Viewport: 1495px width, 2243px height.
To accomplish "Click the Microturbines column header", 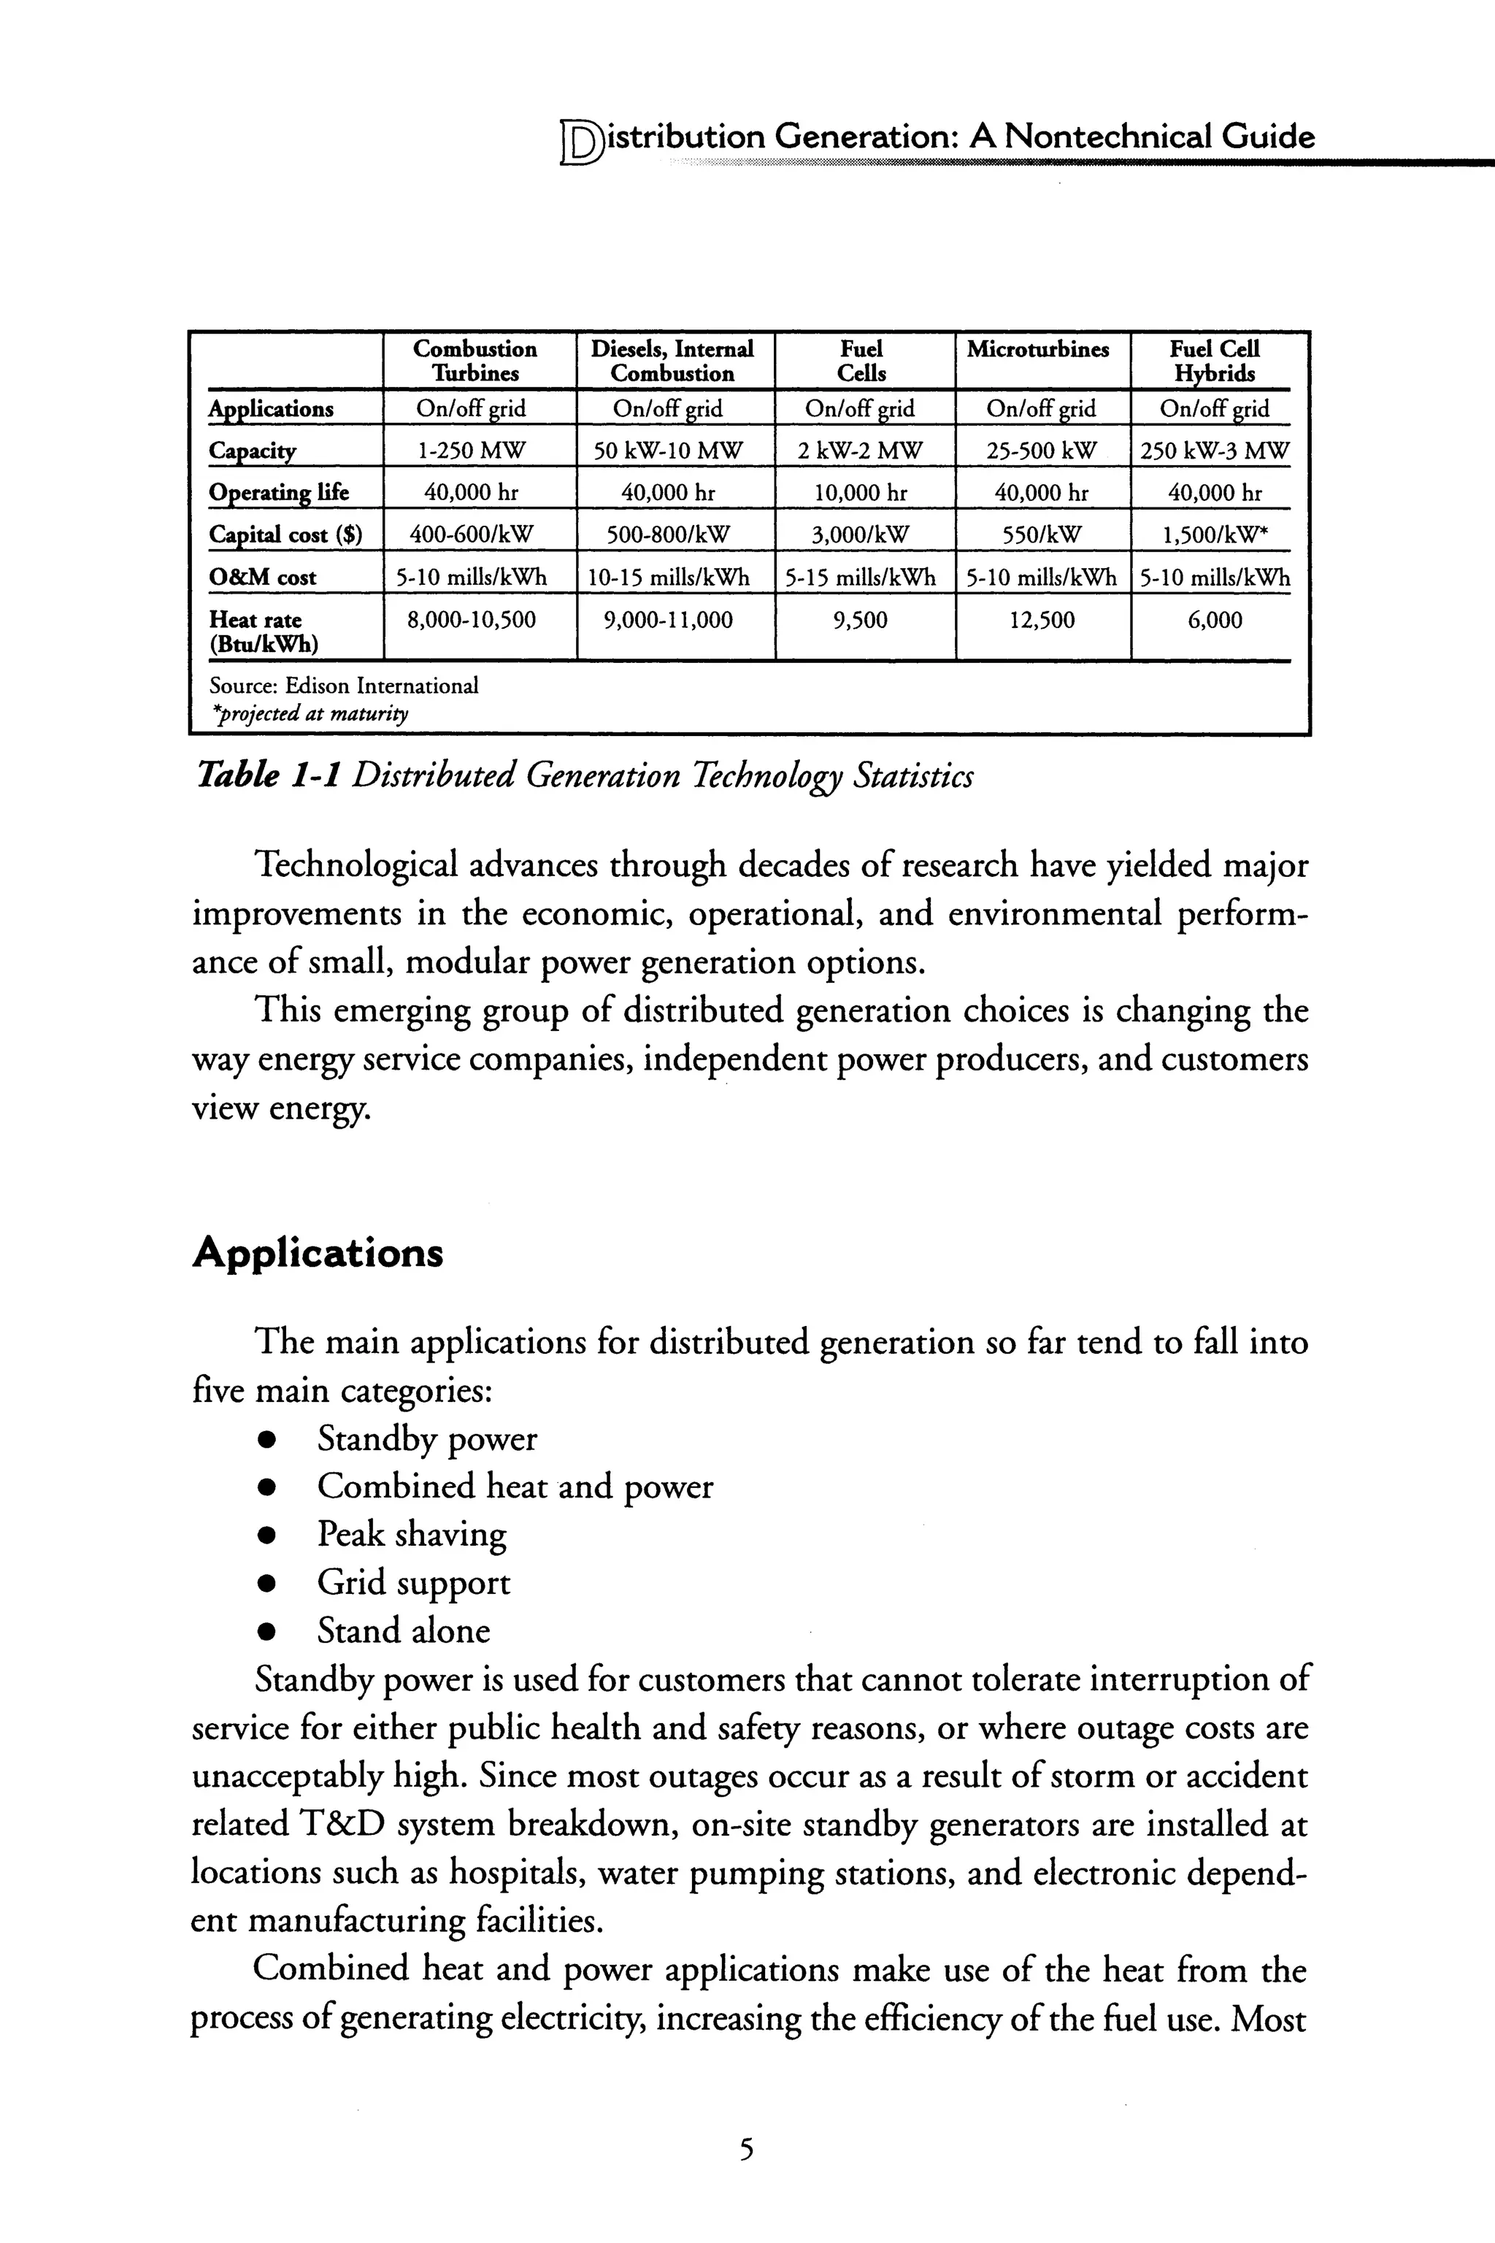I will click(1037, 349).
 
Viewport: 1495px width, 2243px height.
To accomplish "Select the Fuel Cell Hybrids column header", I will click(1214, 361).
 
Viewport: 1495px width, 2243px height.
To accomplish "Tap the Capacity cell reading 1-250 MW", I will click(473, 450).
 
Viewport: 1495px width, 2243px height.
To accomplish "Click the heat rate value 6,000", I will click(1214, 620).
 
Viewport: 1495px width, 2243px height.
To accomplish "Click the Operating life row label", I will click(278, 492).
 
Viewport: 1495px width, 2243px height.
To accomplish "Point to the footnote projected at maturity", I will click(309, 713).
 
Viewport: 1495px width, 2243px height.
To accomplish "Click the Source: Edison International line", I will click(343, 686).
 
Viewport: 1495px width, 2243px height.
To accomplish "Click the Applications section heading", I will click(318, 1252).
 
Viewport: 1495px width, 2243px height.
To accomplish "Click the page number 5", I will click(747, 2150).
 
